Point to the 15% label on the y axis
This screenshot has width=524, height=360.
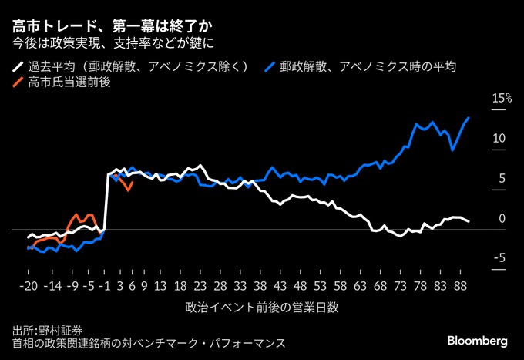click(502, 98)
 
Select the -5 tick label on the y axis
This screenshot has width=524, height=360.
click(498, 258)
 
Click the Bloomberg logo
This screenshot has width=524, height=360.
click(478, 340)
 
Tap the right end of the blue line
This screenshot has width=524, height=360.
click(469, 118)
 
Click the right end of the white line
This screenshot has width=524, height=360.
click(469, 221)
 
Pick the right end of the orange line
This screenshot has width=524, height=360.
click(133, 183)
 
